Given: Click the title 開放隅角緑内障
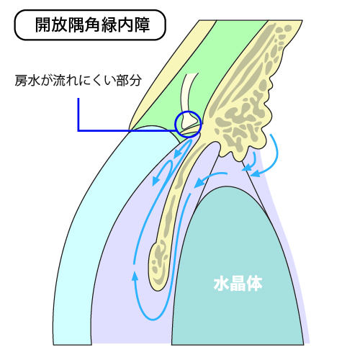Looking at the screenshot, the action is coord(92,24).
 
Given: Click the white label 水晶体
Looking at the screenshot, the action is coord(238,284).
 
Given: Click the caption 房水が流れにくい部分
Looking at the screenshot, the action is coord(78,81).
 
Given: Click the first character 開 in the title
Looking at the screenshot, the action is coord(43,24).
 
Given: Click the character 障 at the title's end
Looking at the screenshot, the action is coord(143,24).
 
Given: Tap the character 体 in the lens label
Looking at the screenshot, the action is coord(255,284).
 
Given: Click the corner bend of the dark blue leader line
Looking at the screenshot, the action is coord(78,131).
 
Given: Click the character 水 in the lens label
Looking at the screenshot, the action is coord(221,284).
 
